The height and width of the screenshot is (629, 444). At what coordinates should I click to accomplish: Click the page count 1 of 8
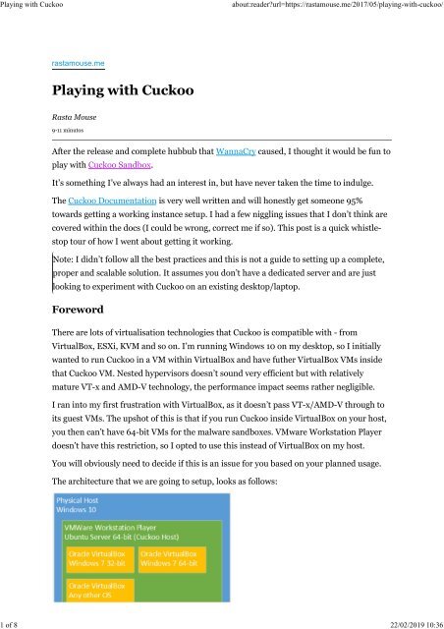[x=15, y=622]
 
